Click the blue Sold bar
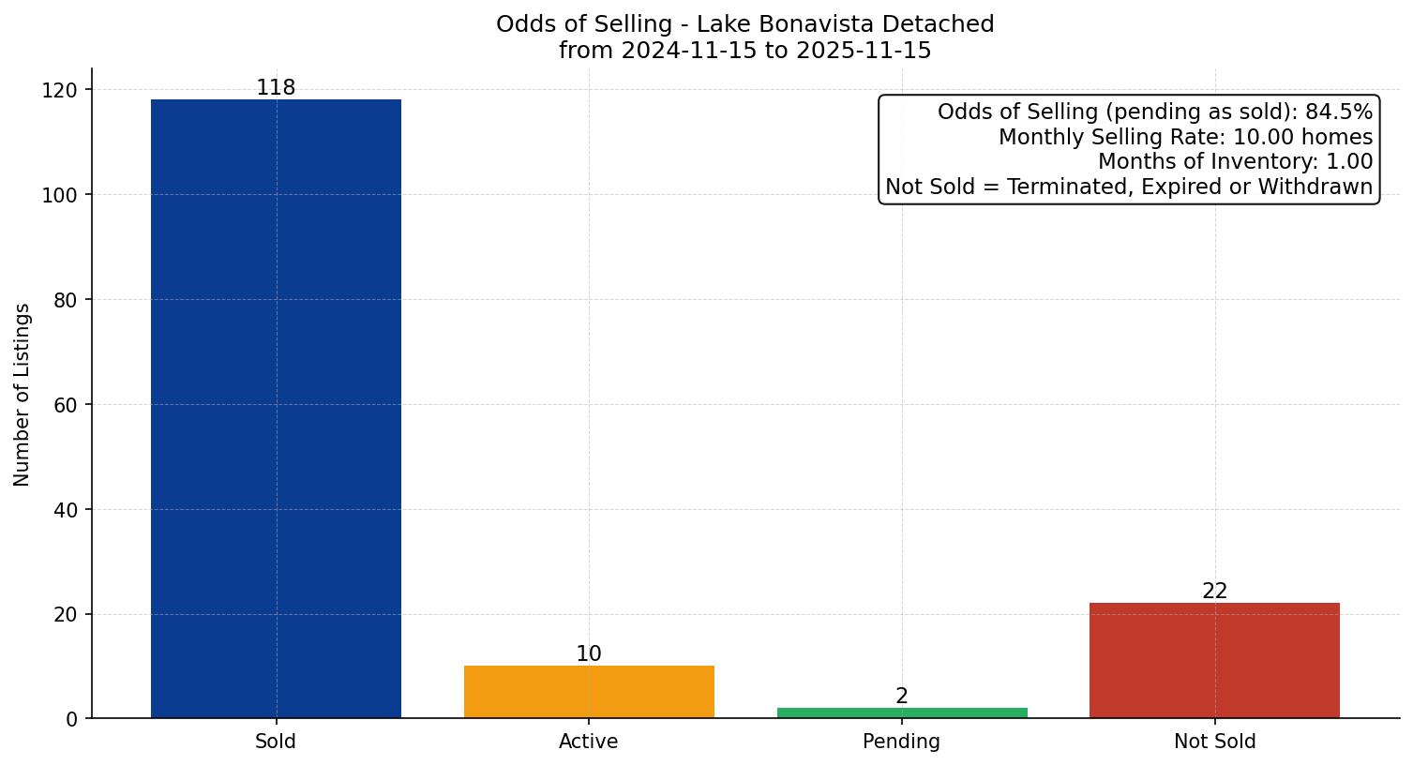pyautogui.click(x=276, y=409)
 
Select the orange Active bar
pyautogui.click(x=589, y=692)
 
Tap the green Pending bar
pyautogui.click(x=902, y=712)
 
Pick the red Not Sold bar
pyautogui.click(x=1214, y=660)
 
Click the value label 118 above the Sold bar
pyautogui.click(x=276, y=88)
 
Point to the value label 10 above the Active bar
pyautogui.click(x=589, y=654)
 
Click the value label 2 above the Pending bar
pyautogui.click(x=902, y=696)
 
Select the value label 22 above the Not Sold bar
pyautogui.click(x=1214, y=592)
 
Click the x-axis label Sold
pyautogui.click(x=276, y=742)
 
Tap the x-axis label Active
pyautogui.click(x=589, y=742)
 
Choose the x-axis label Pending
pyautogui.click(x=902, y=742)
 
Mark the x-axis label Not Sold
pyautogui.click(x=1214, y=742)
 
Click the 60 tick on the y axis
pyautogui.click(x=66, y=405)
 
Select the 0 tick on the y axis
pyautogui.click(x=72, y=719)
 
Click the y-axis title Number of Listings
pyautogui.click(x=23, y=394)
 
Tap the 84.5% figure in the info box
pyautogui.click(x=1339, y=112)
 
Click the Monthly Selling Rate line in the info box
pyautogui.click(x=1185, y=137)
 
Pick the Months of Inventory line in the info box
pyautogui.click(x=1235, y=162)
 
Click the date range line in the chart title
pyautogui.click(x=744, y=51)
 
